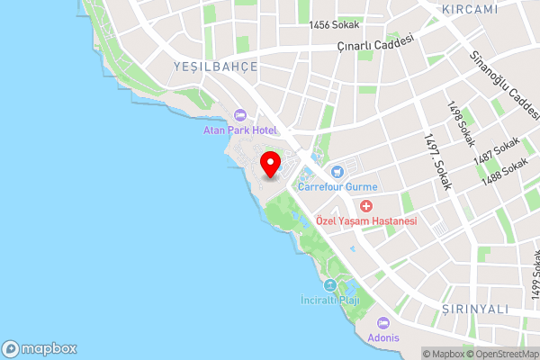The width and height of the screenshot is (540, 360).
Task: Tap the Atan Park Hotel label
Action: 238,130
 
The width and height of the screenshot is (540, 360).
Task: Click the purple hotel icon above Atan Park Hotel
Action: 239,114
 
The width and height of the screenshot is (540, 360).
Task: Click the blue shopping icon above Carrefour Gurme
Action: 337,172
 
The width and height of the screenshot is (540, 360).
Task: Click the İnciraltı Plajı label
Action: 329,301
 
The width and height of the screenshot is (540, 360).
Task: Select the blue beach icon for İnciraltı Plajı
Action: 329,285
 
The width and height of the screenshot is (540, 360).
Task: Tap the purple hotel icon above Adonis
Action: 384,323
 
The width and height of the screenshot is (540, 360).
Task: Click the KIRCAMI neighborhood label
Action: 470,9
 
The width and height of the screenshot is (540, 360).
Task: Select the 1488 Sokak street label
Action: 504,173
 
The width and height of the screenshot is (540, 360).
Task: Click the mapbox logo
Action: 40,348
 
